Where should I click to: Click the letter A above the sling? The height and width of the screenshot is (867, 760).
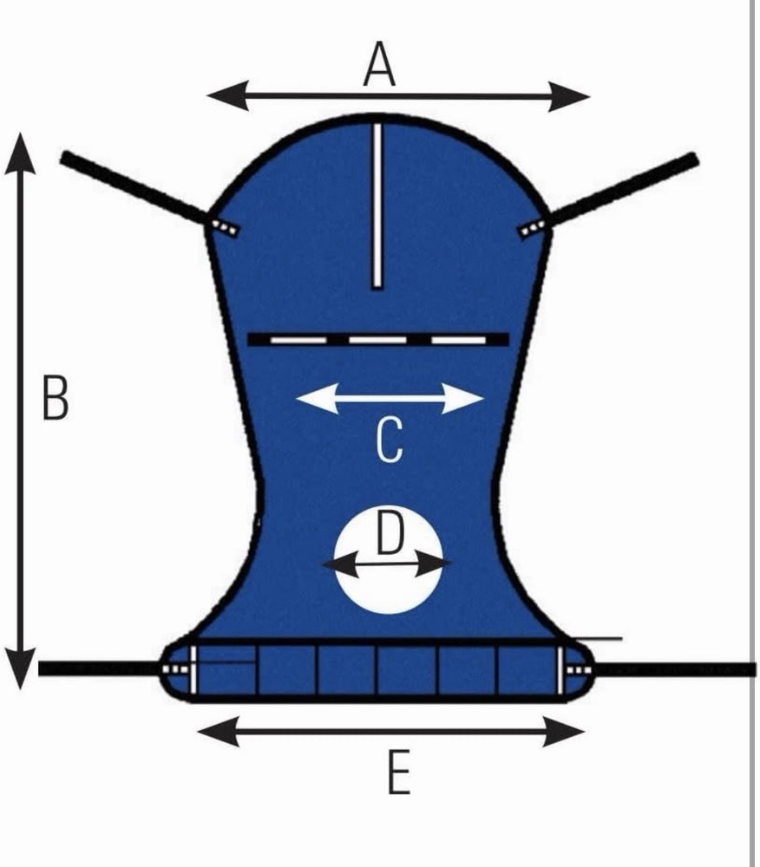pos(379,65)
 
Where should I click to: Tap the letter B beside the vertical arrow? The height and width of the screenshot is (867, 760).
pos(56,397)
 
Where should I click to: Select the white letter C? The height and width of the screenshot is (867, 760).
pos(390,440)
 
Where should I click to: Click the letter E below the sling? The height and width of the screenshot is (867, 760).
pos(399,772)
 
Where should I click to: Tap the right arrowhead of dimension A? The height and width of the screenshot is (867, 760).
pos(569,96)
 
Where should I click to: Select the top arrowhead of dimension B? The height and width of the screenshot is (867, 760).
pos(21,153)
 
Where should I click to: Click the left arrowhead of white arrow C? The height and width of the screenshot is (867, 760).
pos(317,398)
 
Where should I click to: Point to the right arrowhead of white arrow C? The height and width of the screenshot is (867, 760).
pos(463,398)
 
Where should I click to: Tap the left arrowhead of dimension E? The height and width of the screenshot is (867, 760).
pos(219,731)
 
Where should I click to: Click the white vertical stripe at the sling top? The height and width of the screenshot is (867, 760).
pos(377,205)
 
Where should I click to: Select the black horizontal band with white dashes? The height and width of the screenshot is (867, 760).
pos(377,339)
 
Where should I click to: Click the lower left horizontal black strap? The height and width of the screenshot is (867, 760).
pos(100,668)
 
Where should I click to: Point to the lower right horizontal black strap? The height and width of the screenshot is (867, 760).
pos(675,669)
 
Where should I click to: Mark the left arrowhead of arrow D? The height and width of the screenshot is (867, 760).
pos(340,565)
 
